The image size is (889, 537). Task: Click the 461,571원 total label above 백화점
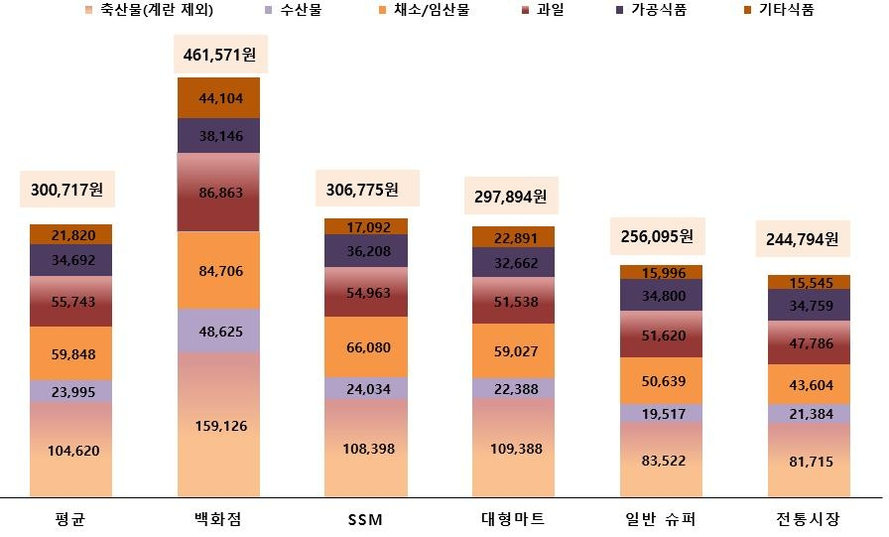pos(218,54)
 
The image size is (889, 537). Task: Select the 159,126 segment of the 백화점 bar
pos(218,426)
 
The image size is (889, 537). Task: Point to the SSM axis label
pos(365,519)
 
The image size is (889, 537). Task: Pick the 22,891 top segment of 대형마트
pos(513,237)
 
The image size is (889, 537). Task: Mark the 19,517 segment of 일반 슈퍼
pos(661,412)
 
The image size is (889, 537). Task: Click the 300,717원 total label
pos(70,189)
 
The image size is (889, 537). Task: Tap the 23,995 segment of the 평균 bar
pos(70,391)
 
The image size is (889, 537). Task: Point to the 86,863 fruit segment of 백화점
pos(218,194)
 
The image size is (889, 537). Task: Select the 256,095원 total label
pos(661,236)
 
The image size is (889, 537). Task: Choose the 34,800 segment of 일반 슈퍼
pos(661,295)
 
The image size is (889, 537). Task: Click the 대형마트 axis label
pos(513,519)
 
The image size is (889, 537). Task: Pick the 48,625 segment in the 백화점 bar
pos(218,331)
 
